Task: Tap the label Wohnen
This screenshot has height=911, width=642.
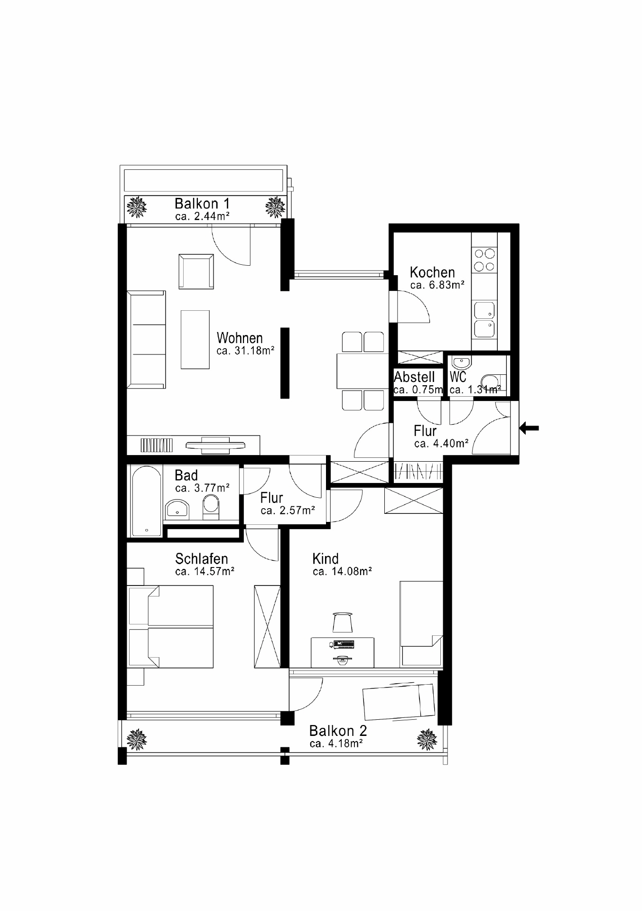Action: (240, 338)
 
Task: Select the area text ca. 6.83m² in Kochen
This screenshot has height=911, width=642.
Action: (437, 285)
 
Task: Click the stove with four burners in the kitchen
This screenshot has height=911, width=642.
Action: (484, 260)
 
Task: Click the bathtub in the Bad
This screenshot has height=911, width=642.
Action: (147, 501)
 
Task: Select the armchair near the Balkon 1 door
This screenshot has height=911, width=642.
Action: (196, 271)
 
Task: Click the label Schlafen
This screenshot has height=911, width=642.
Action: (202, 558)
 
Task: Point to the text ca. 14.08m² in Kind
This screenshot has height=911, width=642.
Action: (342, 571)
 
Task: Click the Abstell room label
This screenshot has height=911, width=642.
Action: (414, 377)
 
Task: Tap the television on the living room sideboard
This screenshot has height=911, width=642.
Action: (215, 444)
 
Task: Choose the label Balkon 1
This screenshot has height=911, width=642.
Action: (202, 204)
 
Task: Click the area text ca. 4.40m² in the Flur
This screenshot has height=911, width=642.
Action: (441, 444)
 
